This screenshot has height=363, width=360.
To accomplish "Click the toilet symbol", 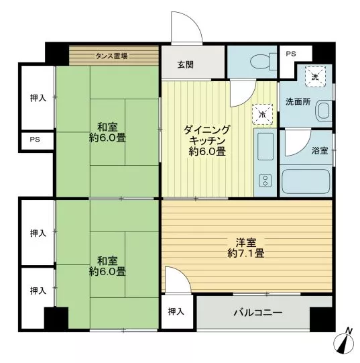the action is click(x=263, y=62).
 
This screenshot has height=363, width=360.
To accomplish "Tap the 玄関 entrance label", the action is click(x=185, y=65).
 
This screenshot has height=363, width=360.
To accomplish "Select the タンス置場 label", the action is click(x=111, y=56).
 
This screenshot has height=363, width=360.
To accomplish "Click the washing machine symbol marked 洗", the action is click(x=315, y=76).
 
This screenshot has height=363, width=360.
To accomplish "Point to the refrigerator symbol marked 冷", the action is click(x=262, y=114).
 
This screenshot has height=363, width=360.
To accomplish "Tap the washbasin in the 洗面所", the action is click(x=323, y=111).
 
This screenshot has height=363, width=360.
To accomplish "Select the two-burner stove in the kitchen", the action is click(x=265, y=180).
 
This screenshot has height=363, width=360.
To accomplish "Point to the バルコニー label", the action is click(x=257, y=313).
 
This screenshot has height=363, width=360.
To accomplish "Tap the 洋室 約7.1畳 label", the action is click(x=246, y=248).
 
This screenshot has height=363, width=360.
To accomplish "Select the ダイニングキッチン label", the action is click(x=207, y=135).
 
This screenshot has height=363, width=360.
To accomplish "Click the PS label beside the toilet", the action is click(x=290, y=54).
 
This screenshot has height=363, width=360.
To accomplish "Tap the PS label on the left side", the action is click(x=35, y=140).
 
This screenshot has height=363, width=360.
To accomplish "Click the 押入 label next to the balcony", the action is click(x=176, y=311).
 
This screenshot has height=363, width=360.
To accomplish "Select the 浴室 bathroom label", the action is click(x=320, y=151).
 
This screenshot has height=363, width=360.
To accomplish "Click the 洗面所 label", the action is click(x=298, y=102).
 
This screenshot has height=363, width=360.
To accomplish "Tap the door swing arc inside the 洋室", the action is click(x=184, y=274).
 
